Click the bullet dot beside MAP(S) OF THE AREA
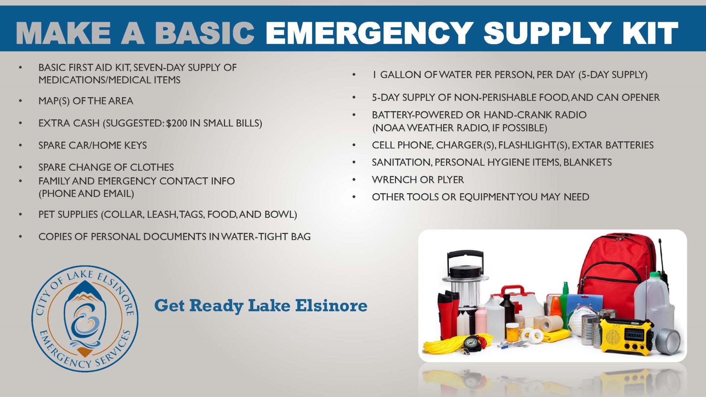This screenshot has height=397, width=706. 21,101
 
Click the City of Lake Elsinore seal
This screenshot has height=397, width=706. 85,319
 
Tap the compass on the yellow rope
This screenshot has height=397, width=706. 471,342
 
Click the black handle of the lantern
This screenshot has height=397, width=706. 465,257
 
